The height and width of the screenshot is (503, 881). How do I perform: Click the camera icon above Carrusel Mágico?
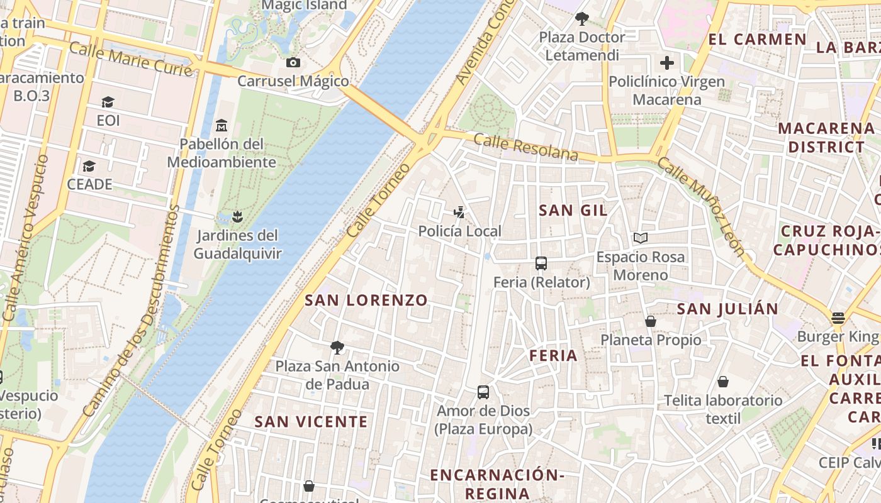[x=293, y=62]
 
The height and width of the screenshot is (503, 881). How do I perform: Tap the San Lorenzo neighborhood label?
[x=366, y=300]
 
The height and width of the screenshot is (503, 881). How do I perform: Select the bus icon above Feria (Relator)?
[x=541, y=263]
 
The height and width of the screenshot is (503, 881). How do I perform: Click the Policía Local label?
[x=459, y=231]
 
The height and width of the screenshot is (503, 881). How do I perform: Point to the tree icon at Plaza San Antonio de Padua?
[x=337, y=348]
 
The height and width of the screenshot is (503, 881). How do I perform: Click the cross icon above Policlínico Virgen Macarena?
[x=667, y=63]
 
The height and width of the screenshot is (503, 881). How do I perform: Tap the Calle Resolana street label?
[x=525, y=146]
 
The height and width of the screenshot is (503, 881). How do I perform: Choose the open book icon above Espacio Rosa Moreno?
[x=641, y=238]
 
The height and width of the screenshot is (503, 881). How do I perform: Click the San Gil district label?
[x=573, y=211]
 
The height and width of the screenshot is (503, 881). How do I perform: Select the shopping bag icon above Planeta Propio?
[x=651, y=321]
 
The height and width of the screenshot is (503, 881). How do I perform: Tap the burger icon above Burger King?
[x=838, y=318]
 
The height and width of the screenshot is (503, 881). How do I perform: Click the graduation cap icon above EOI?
[x=108, y=102]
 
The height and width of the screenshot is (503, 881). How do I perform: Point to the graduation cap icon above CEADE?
[x=89, y=166]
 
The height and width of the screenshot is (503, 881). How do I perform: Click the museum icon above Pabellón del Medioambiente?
[x=222, y=126]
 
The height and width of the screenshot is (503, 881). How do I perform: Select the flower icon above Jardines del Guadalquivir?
[x=237, y=217]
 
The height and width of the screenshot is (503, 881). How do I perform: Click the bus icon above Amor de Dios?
[x=483, y=392]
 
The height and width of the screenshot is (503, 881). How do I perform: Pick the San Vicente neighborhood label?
[x=311, y=422]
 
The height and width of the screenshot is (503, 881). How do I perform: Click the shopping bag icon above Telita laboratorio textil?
[x=723, y=382]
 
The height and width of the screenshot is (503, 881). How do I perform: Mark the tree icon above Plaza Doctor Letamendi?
[x=582, y=19]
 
